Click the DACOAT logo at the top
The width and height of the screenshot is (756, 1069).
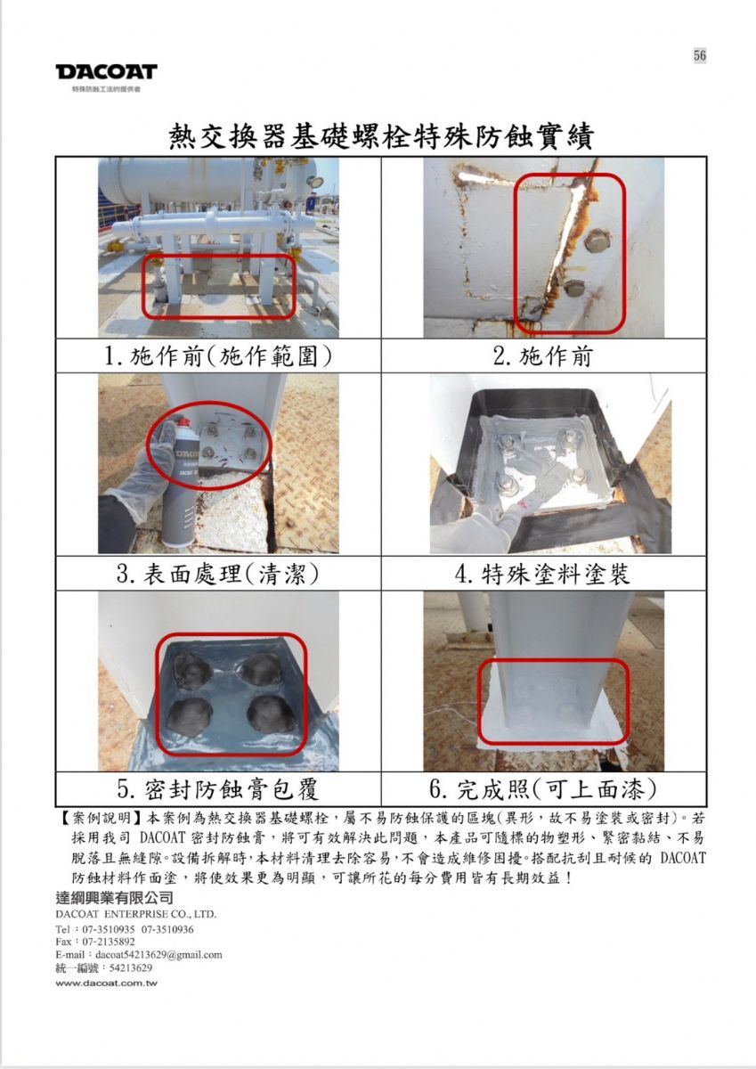coord(106,72)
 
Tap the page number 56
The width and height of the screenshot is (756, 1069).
coord(699,55)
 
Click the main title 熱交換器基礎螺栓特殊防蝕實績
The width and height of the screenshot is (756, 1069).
coord(382,136)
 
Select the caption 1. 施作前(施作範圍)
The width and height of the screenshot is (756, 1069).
coord(218,356)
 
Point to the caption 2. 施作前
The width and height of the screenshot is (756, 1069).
coord(543,356)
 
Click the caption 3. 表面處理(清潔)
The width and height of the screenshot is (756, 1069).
coord(218,574)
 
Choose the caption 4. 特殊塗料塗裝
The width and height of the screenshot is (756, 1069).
coord(543,574)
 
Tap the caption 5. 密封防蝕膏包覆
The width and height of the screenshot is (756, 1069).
coord(218,790)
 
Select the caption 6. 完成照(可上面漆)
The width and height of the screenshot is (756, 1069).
coord(543,790)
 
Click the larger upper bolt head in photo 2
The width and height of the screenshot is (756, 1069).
coord(597,241)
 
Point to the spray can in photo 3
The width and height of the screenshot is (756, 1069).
coord(180,482)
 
